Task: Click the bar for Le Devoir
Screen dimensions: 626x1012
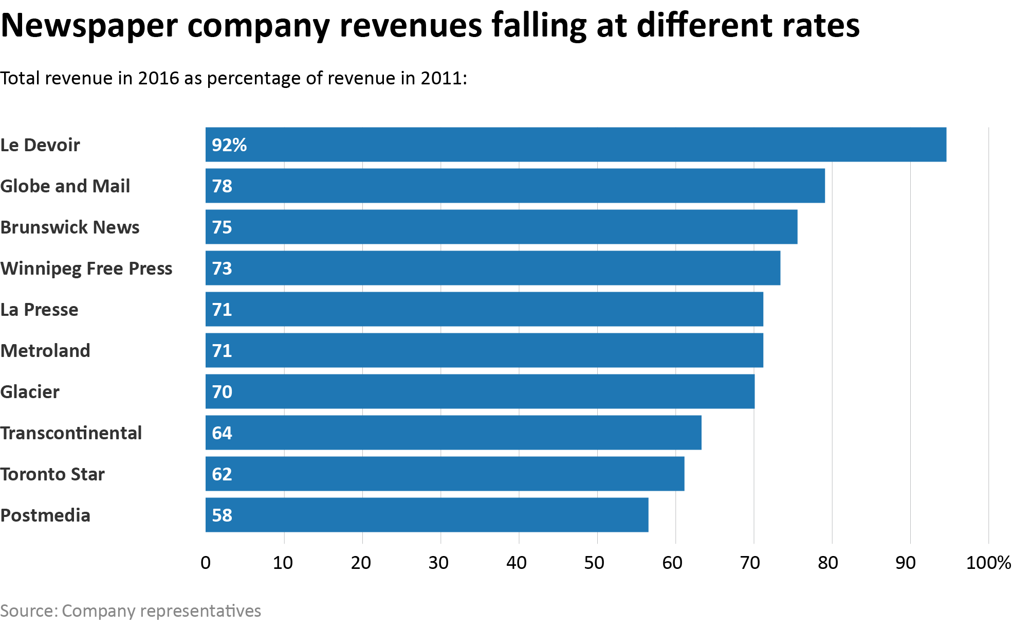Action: point(576,145)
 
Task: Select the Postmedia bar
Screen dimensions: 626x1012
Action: point(427,515)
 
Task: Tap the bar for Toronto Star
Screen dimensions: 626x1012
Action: point(445,474)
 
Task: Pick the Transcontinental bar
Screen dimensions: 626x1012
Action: point(453,433)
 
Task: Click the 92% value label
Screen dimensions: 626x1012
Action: point(229,145)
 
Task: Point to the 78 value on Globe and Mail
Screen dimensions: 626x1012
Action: point(222,186)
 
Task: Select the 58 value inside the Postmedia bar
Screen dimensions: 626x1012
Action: point(222,515)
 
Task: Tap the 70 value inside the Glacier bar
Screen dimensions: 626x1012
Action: point(222,392)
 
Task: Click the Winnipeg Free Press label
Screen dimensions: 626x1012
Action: point(86,269)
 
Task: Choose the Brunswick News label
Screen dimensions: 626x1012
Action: point(70,227)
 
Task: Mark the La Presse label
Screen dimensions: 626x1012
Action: point(40,310)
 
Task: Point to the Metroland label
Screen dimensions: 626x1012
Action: point(45,351)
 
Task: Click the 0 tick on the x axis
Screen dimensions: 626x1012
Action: point(206,563)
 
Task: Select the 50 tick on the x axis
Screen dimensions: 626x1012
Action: point(594,563)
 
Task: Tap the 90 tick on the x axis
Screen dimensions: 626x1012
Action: point(906,563)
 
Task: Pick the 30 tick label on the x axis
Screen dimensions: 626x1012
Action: point(438,563)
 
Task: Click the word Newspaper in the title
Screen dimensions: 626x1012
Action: point(89,26)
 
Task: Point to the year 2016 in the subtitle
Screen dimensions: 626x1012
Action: point(159,78)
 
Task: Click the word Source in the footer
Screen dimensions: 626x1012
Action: point(28,611)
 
